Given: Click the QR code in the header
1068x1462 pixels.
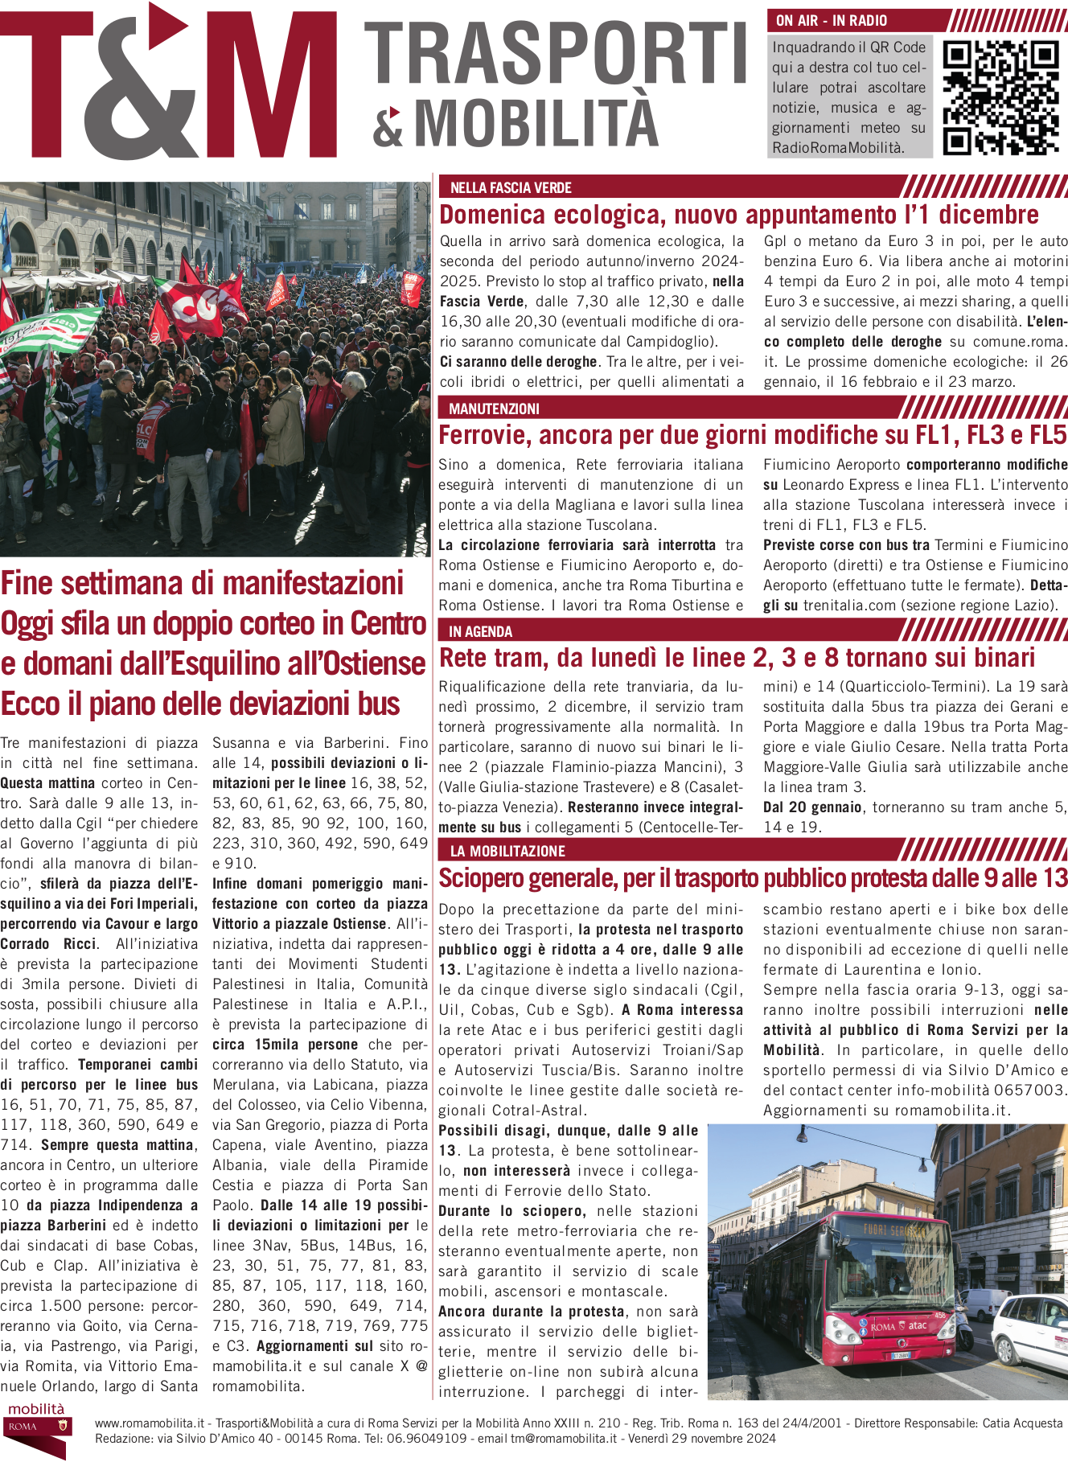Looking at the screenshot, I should pyautogui.click(x=1000, y=97).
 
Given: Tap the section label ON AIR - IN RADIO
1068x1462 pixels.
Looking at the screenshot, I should pyautogui.click(x=832, y=21).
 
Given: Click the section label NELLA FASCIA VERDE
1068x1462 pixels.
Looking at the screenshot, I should pyautogui.click(x=511, y=188).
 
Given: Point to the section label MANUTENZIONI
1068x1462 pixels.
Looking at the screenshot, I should pyautogui.click(x=494, y=409).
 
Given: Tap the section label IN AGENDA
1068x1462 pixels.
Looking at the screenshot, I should pyautogui.click(x=480, y=632).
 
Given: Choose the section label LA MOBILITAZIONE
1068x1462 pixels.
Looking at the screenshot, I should pyautogui.click(x=507, y=852).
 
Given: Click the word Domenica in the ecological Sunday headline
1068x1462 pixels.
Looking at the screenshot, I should pyautogui.click(x=491, y=216).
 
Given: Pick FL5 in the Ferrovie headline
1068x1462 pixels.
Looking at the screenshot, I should pyautogui.click(x=1047, y=436).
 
